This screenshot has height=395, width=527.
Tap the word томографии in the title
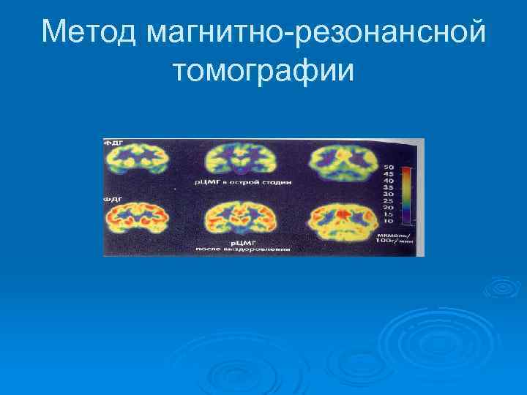pyautogui.click(x=263, y=70)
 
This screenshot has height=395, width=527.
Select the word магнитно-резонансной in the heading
pyautogui.click(x=316, y=31)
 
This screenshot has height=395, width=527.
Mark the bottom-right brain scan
pyautogui.click(x=343, y=218)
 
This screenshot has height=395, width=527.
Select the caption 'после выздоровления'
pyautogui.click(x=242, y=249)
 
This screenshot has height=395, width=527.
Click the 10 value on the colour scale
pyautogui.click(x=388, y=220)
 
